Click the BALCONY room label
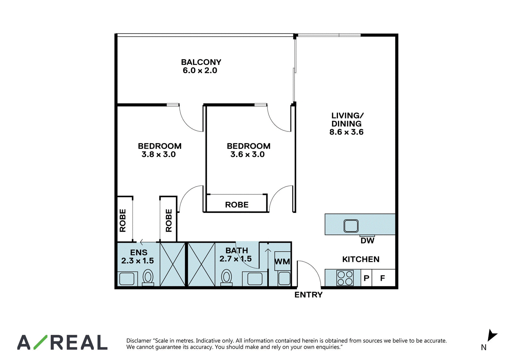pos(201,62)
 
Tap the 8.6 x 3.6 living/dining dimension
pos(346,132)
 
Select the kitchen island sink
pos(351,226)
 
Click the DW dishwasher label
pos(367,240)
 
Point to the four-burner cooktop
pos(345,278)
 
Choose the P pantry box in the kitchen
pos(366,278)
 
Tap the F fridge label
pos(383,278)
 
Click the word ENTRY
pos(308,295)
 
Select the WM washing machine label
pos(282,261)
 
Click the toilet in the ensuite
pos(148,278)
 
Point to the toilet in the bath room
pos(226,278)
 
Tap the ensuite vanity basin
pos(127,279)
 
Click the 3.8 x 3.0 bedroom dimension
pos(158,154)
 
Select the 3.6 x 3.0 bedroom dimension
pos(247,154)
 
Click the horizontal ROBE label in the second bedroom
pos(237,205)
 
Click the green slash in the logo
pos(40,342)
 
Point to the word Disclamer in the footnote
pos(139,340)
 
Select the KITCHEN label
pos(361,259)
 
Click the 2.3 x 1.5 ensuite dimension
pos(138,261)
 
